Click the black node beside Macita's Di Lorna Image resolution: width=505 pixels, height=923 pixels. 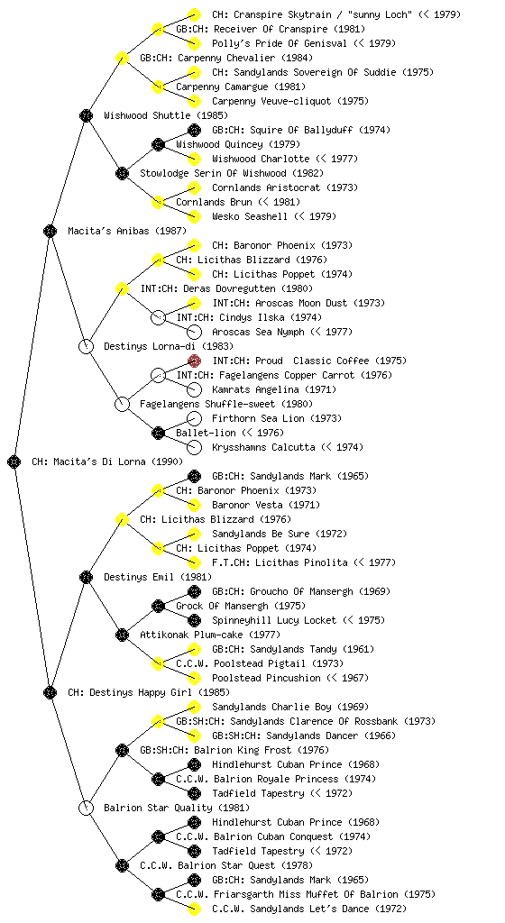coord(14,461)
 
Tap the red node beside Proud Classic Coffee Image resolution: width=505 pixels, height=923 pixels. coord(194,361)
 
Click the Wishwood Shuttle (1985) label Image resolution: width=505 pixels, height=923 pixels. coord(165,115)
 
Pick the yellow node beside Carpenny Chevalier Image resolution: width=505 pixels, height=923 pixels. coord(122,58)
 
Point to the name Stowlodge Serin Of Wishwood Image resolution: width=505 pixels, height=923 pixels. coord(214,173)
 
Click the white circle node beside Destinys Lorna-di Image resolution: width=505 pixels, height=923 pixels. coord(86,346)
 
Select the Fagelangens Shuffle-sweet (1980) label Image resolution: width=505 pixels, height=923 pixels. coord(226,404)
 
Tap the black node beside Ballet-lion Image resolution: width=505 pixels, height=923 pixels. coord(158,433)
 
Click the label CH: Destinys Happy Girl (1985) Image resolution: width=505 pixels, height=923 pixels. coord(149,692)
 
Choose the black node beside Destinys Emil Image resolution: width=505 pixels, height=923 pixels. coord(86,577)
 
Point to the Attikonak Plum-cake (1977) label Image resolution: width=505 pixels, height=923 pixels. coord(209,635)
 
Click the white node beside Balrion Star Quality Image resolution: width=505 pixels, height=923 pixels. coord(86,808)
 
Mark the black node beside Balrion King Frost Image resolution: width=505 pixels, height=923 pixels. coord(122,750)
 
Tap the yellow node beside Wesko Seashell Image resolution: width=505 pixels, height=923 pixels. coord(194,216)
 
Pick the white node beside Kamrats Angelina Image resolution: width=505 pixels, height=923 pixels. coord(194,389)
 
